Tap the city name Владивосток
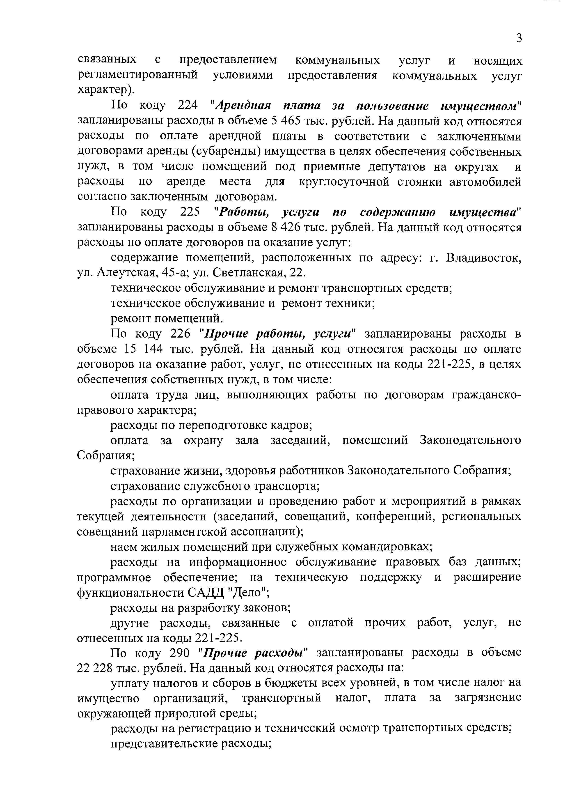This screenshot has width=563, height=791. coord(483,258)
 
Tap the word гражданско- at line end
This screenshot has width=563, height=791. coord(486,395)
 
